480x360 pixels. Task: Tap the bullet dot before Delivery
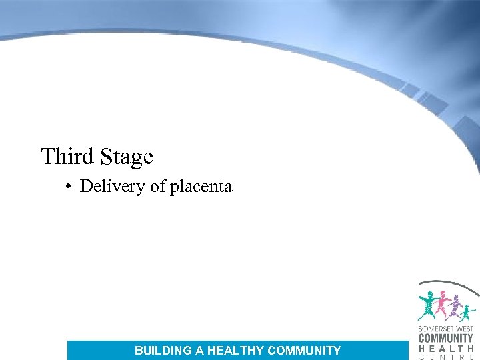click(x=69, y=187)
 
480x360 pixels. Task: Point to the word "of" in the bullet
click(x=157, y=186)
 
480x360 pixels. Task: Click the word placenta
click(x=201, y=187)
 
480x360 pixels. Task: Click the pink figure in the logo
click(x=441, y=305)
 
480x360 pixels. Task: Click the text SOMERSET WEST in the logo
click(x=446, y=328)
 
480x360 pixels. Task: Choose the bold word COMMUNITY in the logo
click(x=446, y=338)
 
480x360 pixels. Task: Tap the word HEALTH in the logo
click(x=446, y=348)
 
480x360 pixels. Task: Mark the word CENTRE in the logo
click(x=446, y=357)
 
